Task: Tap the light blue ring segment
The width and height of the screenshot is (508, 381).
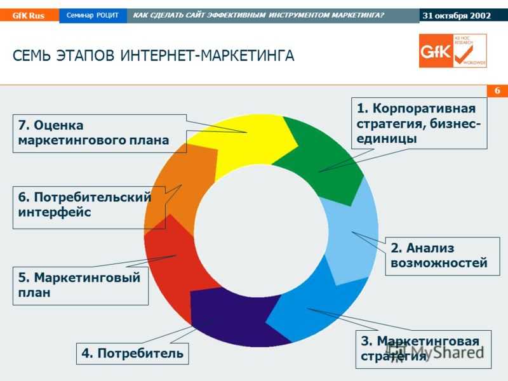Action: point(352,233)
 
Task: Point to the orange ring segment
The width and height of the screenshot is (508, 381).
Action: point(182,188)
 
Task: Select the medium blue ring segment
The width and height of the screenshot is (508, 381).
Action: point(311,308)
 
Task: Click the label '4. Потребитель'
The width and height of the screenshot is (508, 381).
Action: point(133,353)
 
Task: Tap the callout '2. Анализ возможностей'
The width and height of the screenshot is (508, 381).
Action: point(442,256)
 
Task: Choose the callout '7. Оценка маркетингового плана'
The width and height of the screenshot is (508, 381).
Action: point(100,133)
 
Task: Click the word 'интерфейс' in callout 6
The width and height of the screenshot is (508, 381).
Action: point(55,213)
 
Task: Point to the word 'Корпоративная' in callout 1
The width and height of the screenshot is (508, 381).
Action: point(424,108)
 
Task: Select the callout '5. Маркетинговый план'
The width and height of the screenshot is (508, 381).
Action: point(81,286)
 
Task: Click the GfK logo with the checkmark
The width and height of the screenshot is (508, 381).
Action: point(453,51)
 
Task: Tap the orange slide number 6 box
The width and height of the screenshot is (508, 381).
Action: point(497,91)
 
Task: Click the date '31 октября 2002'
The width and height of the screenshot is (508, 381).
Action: point(457,15)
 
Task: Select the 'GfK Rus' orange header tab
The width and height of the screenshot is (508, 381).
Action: point(29,15)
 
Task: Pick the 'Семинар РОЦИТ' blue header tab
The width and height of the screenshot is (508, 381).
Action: point(93,15)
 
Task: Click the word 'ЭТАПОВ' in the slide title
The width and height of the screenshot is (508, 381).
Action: point(85,55)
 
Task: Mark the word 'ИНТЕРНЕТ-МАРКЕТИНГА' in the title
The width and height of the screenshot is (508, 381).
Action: point(208,55)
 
